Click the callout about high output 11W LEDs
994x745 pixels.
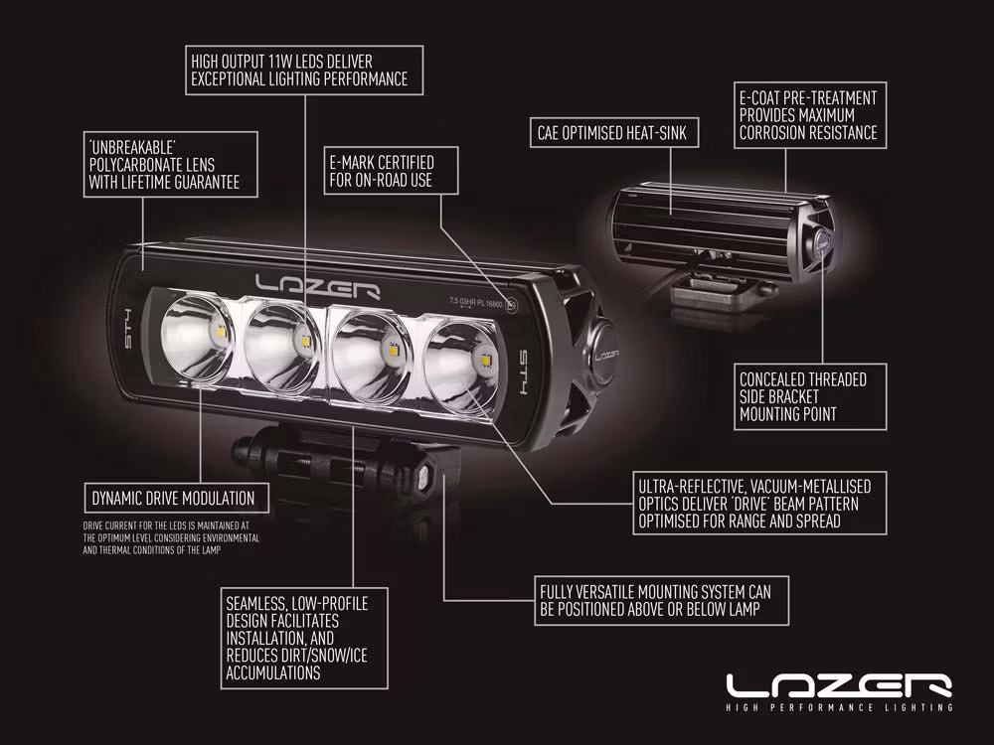tap(304, 71)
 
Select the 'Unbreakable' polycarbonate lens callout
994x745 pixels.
tap(164, 165)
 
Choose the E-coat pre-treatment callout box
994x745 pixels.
tap(808, 115)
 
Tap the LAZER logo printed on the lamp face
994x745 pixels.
tap(318, 286)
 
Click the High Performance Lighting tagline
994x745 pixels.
tap(840, 708)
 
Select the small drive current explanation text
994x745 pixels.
tap(172, 537)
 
